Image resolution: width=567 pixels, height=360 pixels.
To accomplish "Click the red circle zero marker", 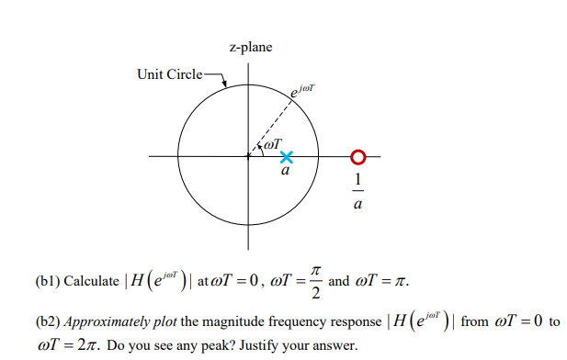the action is pyautogui.click(x=357, y=157).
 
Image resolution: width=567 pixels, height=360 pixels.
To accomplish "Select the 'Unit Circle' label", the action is pyautogui.click(x=169, y=73).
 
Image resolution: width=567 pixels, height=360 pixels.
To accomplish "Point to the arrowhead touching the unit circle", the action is pyautogui.click(x=225, y=88).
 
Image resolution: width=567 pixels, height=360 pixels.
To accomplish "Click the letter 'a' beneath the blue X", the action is pyautogui.click(x=286, y=172).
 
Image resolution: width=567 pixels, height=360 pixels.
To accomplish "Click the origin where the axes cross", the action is pyautogui.click(x=248, y=157).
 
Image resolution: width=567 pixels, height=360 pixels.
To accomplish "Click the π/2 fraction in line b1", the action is pyautogui.click(x=314, y=282).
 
